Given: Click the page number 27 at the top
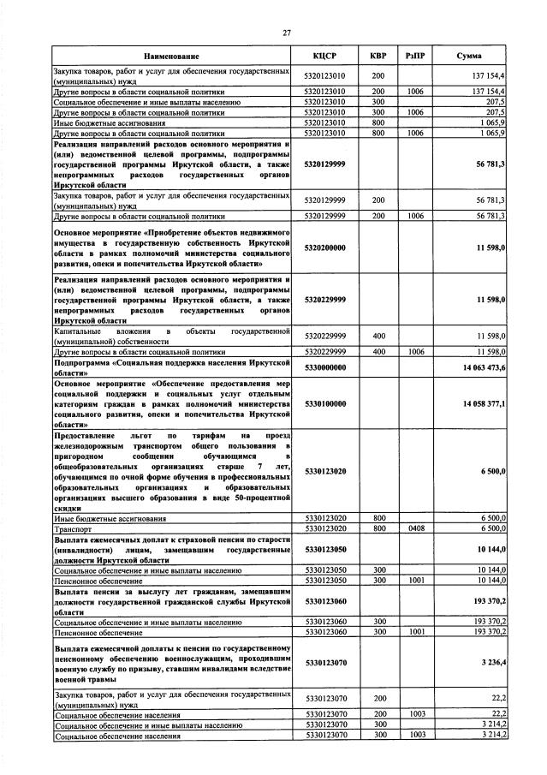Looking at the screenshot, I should pyautogui.click(x=287, y=33).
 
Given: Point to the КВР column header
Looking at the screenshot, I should pyautogui.click(x=378, y=56).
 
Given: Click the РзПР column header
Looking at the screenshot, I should pyautogui.click(x=416, y=56).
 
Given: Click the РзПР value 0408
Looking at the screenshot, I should pyautogui.click(x=416, y=529).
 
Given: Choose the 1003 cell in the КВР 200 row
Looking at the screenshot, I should pyautogui.click(x=416, y=712).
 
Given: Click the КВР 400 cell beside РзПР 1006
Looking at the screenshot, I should pyautogui.click(x=378, y=352).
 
